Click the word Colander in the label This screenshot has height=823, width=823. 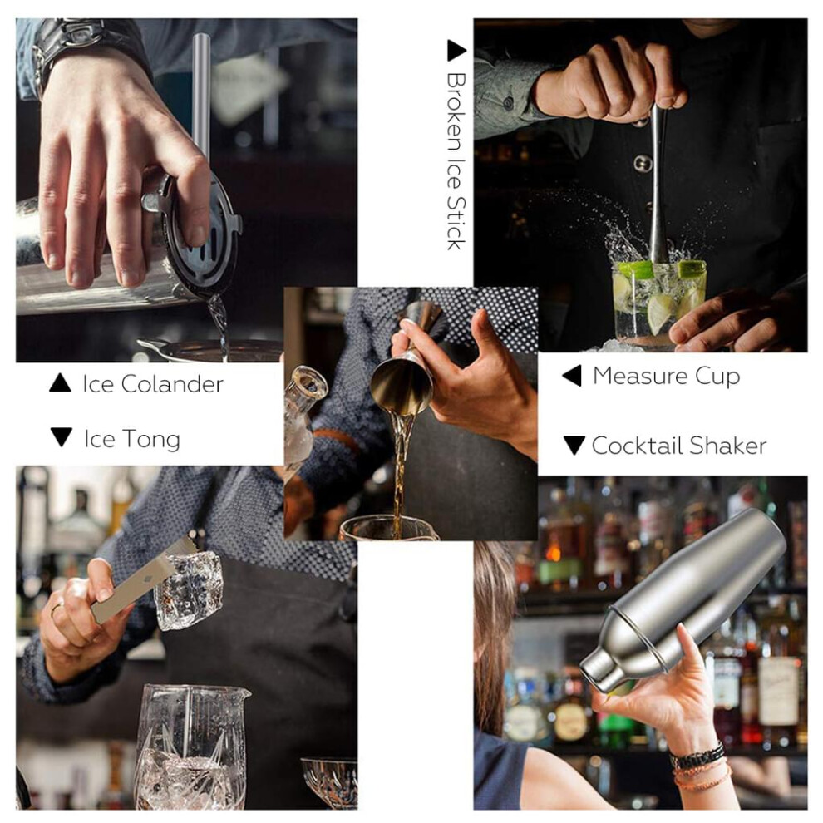click(172, 384)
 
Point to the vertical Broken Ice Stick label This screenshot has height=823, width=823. click(456, 161)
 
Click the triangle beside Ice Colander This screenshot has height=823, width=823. click(60, 383)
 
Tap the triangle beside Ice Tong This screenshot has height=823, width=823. click(62, 437)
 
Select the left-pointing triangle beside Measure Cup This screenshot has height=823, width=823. click(572, 376)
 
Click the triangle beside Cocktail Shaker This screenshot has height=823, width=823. click(574, 445)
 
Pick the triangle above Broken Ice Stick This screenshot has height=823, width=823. click(456, 51)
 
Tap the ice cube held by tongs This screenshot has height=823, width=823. click(189, 590)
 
